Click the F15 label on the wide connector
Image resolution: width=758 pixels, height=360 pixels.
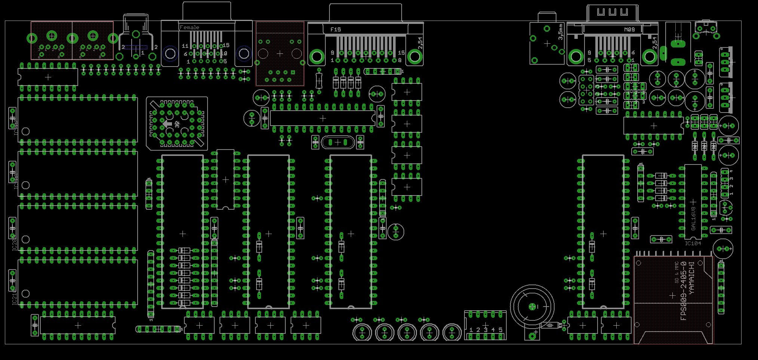[x=335, y=29]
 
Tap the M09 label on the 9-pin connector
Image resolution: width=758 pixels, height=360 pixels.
[x=629, y=29]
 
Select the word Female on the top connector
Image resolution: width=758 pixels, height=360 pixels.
[x=189, y=27]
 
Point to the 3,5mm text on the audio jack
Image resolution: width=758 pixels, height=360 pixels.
[x=560, y=32]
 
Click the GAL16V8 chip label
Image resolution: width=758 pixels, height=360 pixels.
[x=693, y=218]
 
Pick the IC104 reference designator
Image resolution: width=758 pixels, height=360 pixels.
[x=693, y=243]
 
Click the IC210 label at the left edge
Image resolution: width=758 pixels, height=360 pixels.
[x=15, y=297]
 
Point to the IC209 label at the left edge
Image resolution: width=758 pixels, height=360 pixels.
[x=15, y=243]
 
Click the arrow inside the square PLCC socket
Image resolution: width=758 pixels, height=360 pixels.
[x=167, y=123]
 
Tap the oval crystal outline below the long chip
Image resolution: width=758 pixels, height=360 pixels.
[x=338, y=142]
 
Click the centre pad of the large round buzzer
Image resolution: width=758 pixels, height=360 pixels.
[x=532, y=307]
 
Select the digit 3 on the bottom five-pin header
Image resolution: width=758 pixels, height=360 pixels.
[x=485, y=330]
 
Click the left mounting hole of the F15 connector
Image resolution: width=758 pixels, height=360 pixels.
[x=317, y=57]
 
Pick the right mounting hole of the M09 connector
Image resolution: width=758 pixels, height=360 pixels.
[x=650, y=57]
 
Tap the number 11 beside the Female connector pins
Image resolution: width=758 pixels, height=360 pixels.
[x=185, y=46]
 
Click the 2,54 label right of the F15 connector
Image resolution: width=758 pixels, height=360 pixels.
[x=420, y=42]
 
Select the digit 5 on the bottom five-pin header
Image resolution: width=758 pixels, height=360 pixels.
[x=500, y=330]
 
